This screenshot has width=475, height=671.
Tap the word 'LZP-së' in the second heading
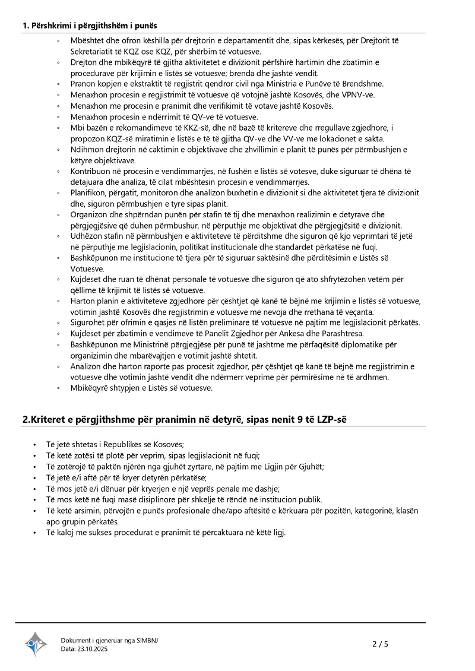[331, 419]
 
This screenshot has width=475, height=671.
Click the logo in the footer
[36, 644]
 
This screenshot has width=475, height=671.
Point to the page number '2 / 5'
[380, 644]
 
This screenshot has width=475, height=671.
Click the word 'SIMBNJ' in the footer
[147, 640]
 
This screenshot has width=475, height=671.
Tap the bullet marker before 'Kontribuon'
[58, 171]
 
